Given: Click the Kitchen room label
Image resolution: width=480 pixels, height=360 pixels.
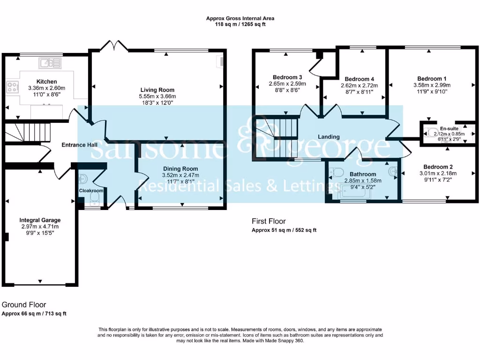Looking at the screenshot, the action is [x=46, y=82].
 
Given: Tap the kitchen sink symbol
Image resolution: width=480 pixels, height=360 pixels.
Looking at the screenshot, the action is [x=50, y=63].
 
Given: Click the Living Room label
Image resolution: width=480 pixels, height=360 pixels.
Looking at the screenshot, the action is [x=157, y=90].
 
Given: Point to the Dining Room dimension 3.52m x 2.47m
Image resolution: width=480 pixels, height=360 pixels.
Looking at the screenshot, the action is [x=180, y=175].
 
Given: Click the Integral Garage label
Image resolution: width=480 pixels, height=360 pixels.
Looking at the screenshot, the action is [x=40, y=220].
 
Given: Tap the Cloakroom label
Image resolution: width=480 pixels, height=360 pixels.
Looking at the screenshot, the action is [x=91, y=190].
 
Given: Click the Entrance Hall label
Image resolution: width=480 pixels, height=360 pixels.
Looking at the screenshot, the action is [x=80, y=145].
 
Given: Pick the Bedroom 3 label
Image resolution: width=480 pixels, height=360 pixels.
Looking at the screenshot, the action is [x=287, y=77].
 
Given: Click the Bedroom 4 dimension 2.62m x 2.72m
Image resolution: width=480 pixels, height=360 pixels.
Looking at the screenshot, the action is [x=360, y=85].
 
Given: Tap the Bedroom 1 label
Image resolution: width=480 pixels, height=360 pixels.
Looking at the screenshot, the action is [x=432, y=79].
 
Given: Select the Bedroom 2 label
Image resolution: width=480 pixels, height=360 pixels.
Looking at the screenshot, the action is [x=438, y=167].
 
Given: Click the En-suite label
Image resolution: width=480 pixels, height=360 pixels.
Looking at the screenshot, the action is [x=449, y=128].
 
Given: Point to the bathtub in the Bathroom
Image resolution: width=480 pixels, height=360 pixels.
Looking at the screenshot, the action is [x=354, y=192].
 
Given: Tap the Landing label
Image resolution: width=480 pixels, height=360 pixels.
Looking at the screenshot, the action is [x=329, y=136].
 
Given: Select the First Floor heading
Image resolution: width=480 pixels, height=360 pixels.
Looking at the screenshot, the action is [x=269, y=221].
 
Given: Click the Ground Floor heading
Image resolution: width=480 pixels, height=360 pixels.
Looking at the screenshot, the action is [x=24, y=305].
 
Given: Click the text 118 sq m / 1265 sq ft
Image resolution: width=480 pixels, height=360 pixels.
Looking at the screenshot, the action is [x=240, y=24].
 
